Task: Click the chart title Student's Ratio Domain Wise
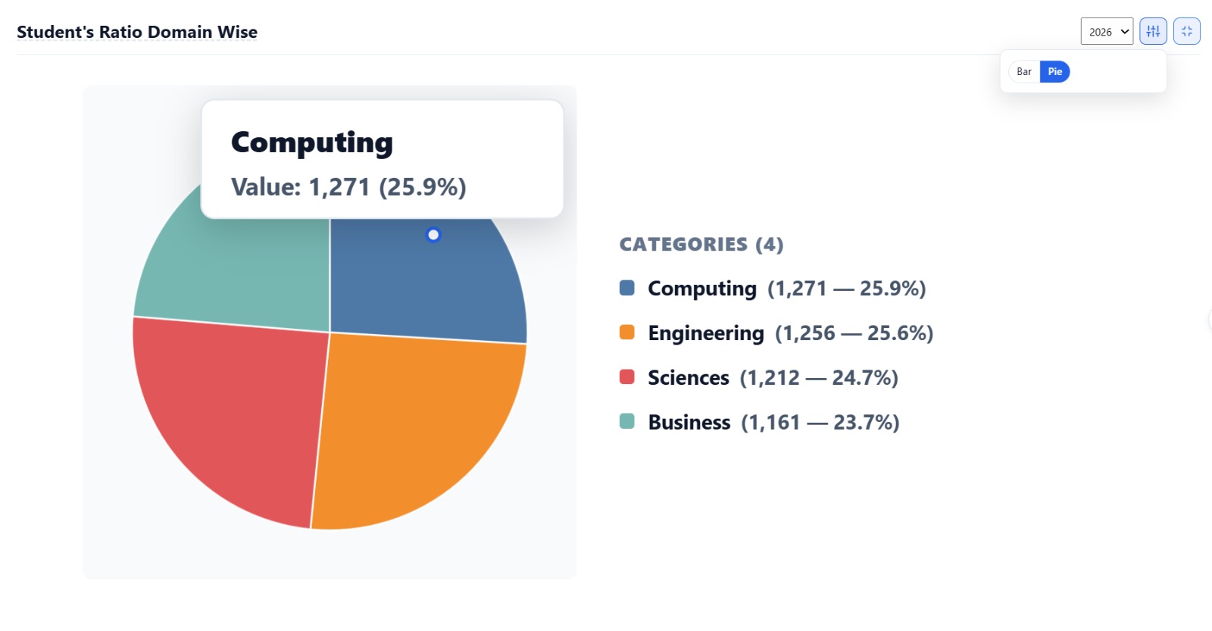coord(137,32)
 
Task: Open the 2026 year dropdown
coord(1107,31)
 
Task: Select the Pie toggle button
coord(1054,71)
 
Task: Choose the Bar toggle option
coord(1023,71)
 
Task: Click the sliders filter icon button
coord(1153,31)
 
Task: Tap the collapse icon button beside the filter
coord(1186,31)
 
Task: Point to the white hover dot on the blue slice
coord(433,235)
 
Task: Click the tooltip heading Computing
coord(311,143)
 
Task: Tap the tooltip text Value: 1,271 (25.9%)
coord(348,186)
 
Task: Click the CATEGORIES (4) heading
coord(701,244)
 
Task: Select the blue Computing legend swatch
coord(626,288)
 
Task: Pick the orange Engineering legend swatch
coord(626,333)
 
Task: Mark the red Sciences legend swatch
coord(626,376)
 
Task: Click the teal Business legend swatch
coord(626,421)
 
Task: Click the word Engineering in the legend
coord(705,333)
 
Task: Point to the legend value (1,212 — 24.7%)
coord(819,378)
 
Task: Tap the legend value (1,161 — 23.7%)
coord(820,422)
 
